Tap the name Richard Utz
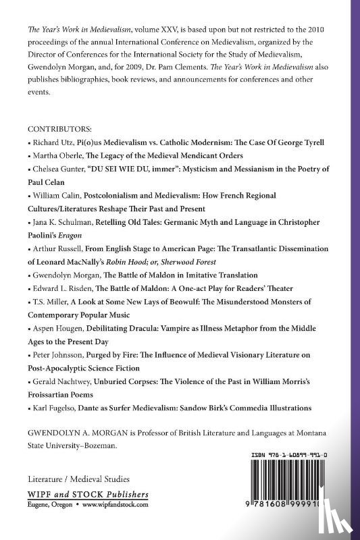click(x=52, y=143)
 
